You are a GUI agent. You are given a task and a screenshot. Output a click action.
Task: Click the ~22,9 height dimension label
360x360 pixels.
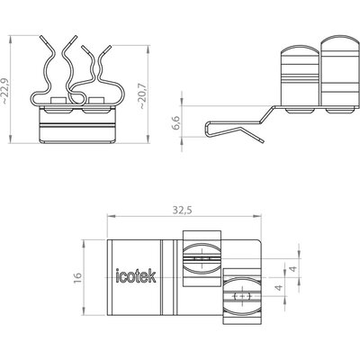click(4, 92)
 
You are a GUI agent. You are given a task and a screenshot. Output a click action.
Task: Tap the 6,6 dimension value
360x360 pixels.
click(176, 122)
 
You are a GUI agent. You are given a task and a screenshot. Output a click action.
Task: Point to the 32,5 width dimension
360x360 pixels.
click(182, 211)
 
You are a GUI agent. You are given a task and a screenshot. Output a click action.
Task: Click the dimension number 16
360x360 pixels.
click(77, 277)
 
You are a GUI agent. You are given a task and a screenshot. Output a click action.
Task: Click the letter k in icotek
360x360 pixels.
click(152, 276)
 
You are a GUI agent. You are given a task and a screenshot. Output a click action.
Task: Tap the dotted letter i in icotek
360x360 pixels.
click(118, 276)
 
